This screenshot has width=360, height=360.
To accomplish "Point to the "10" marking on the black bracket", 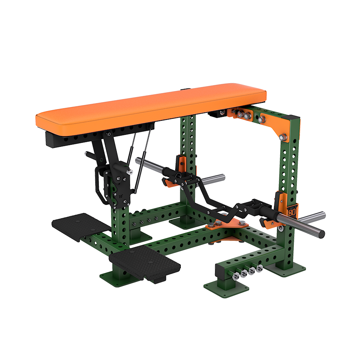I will click(x=120, y=196).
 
